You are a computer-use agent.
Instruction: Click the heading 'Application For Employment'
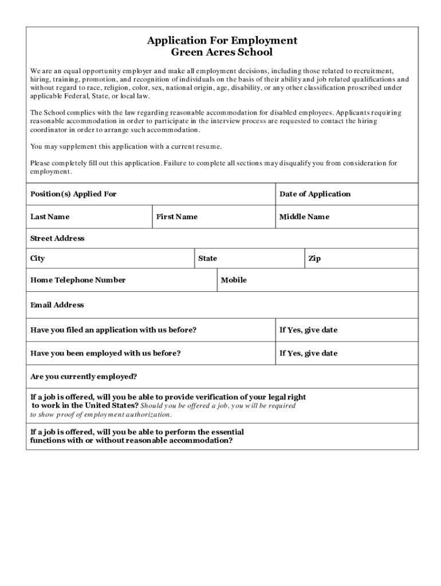pos(222,41)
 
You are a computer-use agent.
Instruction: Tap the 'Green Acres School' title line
pos(222,52)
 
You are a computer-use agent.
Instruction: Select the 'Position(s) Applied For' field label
pos(73,194)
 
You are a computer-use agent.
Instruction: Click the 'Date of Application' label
pos(315,194)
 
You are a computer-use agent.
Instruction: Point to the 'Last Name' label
pos(50,217)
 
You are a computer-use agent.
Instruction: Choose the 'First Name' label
pos(177,217)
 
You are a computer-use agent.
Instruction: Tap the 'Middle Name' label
pos(304,217)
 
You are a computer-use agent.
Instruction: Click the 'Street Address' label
pos(57,238)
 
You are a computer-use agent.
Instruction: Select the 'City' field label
pos(38,259)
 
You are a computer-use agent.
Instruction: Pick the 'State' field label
pos(207,259)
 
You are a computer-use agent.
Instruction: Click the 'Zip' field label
pos(314,259)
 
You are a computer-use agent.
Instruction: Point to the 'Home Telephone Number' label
pos(78,280)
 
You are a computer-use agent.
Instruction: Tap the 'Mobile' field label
pos(234,280)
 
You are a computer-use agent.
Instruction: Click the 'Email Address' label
pos(57,305)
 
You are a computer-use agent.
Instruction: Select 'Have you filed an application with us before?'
pos(113,330)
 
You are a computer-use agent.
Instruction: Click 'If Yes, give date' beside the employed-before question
pos(308,353)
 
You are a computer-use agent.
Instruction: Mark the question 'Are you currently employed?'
pos(84,377)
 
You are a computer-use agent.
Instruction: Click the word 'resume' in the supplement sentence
pos(208,147)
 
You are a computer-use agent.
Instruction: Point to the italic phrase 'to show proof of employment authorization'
pos(101,414)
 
